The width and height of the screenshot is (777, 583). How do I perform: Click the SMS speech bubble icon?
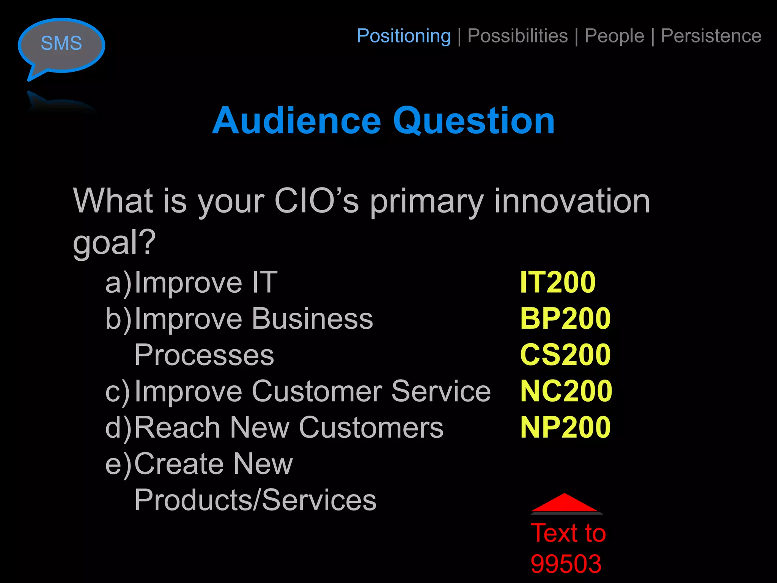click(61, 44)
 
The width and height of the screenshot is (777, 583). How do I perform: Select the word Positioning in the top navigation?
click(404, 36)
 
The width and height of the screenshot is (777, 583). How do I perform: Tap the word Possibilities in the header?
click(517, 36)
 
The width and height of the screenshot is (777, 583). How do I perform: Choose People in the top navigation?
click(614, 36)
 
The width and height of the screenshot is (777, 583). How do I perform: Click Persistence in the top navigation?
click(711, 36)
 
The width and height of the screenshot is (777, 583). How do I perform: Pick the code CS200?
click(565, 355)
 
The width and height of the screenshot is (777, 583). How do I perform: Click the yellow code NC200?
click(566, 391)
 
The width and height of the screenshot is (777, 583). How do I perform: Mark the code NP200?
click(565, 427)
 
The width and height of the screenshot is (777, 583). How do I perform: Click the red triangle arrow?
click(565, 503)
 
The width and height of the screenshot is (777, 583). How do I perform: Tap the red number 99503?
click(566, 564)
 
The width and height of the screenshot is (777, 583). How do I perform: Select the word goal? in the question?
click(114, 243)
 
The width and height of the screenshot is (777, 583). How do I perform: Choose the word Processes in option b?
click(204, 355)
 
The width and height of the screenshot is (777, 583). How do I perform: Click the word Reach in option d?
click(177, 427)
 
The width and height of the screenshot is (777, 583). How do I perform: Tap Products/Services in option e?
click(255, 500)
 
